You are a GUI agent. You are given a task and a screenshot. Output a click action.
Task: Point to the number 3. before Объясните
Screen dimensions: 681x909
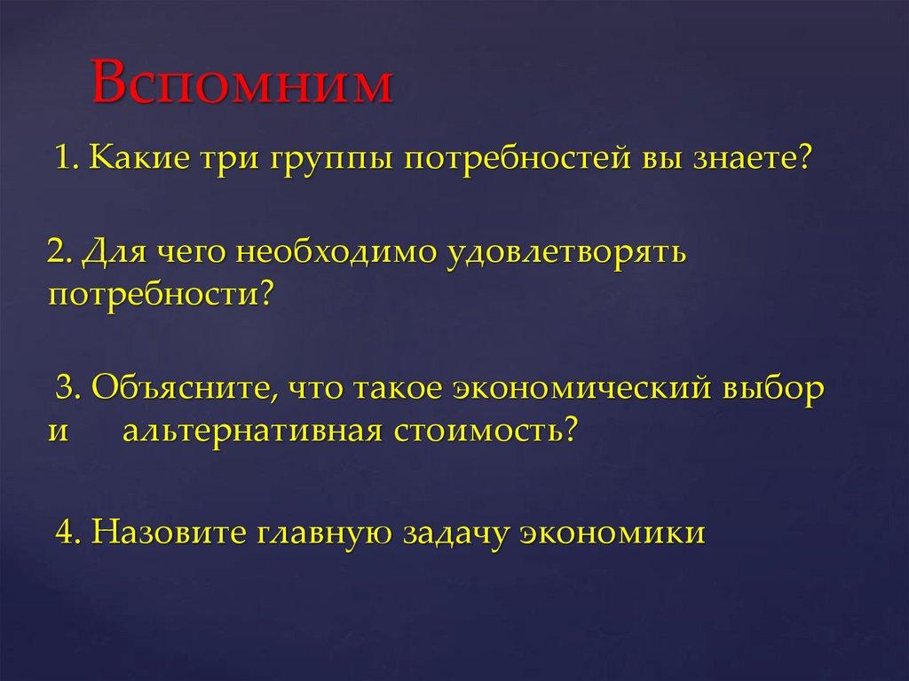click(69, 389)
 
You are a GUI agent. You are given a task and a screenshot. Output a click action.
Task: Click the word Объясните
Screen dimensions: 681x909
click(180, 389)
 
